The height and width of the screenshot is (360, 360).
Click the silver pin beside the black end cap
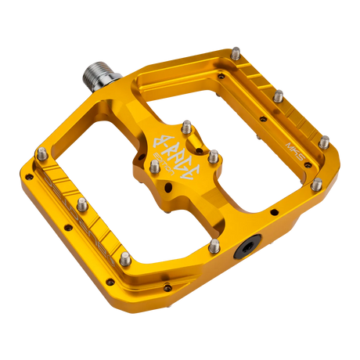tap(214, 247)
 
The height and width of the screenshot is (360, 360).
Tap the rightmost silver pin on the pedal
tap(325, 142)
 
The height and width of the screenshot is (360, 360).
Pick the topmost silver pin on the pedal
tap(236, 52)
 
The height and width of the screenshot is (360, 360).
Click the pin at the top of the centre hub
tap(186, 125)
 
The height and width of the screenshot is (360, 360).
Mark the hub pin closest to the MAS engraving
tap(212, 153)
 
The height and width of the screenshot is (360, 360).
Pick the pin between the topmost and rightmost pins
tap(279, 95)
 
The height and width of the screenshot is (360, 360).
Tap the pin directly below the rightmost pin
tap(315, 185)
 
